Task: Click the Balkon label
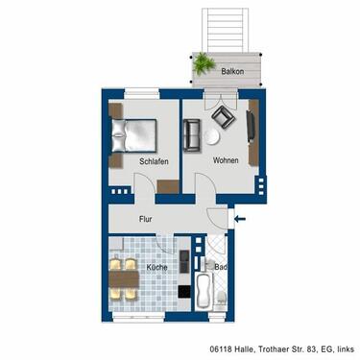231,72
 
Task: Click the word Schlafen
154,161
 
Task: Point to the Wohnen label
227,160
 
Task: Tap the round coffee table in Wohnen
214,138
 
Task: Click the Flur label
146,218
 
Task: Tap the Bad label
220,267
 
